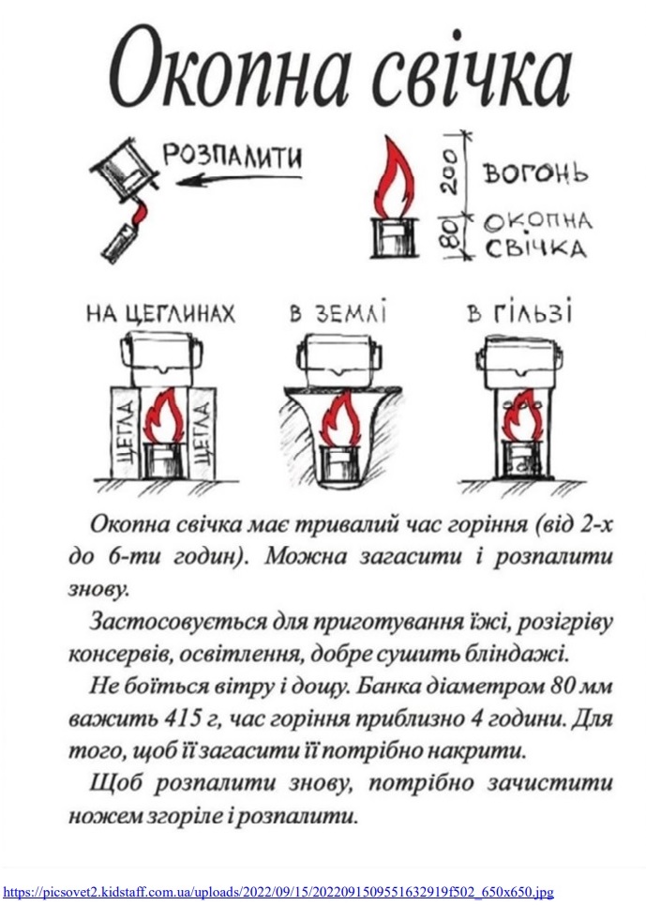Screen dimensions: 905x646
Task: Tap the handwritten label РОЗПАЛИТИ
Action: coord(233,157)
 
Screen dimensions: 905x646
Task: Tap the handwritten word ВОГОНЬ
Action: coord(535,174)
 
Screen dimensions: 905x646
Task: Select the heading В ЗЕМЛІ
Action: coord(337,314)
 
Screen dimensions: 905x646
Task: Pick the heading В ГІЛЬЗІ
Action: coord(520,314)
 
